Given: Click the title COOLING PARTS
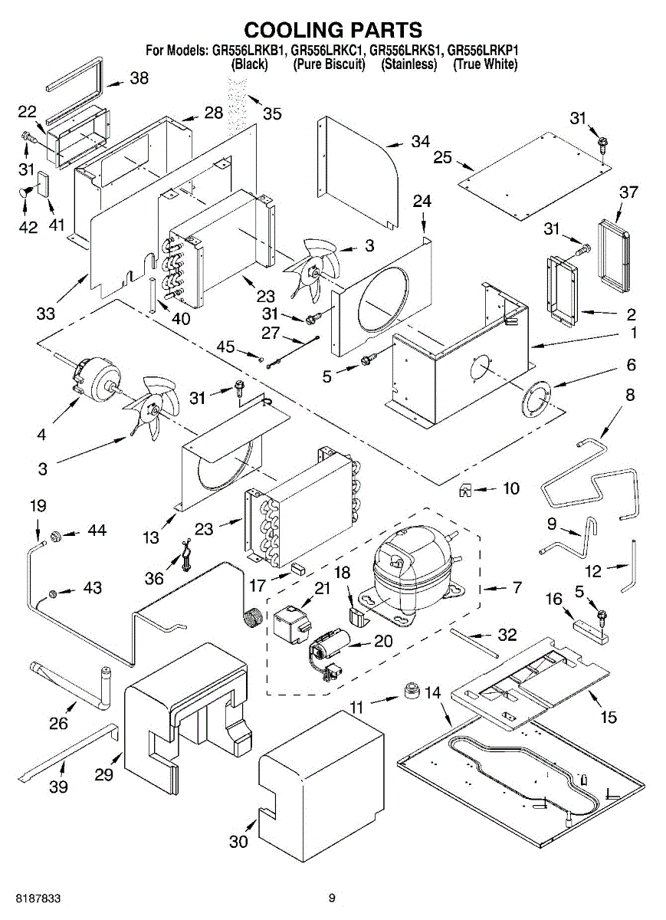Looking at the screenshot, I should click(333, 30).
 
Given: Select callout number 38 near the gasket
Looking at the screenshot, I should click(139, 78).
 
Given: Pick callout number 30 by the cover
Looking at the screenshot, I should click(239, 841).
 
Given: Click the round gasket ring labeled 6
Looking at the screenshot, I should click(537, 399).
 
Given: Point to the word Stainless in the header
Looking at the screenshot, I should click(408, 64).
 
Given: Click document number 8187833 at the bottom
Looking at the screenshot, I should click(31, 898).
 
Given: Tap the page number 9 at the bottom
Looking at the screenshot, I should click(332, 898).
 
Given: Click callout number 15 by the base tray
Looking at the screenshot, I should click(609, 718).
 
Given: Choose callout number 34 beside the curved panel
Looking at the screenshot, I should click(420, 141).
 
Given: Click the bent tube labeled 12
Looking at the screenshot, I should click(632, 566).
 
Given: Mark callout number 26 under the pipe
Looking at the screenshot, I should click(58, 722).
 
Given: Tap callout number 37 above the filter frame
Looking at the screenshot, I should click(628, 192).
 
